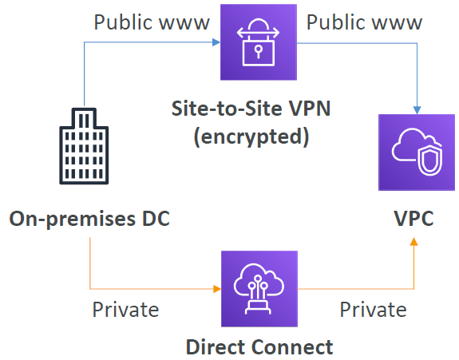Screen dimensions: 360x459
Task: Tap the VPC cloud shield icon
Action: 414,152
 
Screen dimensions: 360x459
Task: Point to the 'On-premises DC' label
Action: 89,218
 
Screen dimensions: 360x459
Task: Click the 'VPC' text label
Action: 413,218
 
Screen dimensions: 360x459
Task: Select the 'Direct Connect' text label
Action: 259,346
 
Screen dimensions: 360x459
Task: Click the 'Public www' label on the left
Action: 152,22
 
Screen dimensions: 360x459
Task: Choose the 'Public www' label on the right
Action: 364,22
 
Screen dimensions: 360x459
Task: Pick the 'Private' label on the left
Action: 125,309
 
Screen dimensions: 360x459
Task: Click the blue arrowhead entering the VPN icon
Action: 216,44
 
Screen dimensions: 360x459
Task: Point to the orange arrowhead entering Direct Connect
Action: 216,289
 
